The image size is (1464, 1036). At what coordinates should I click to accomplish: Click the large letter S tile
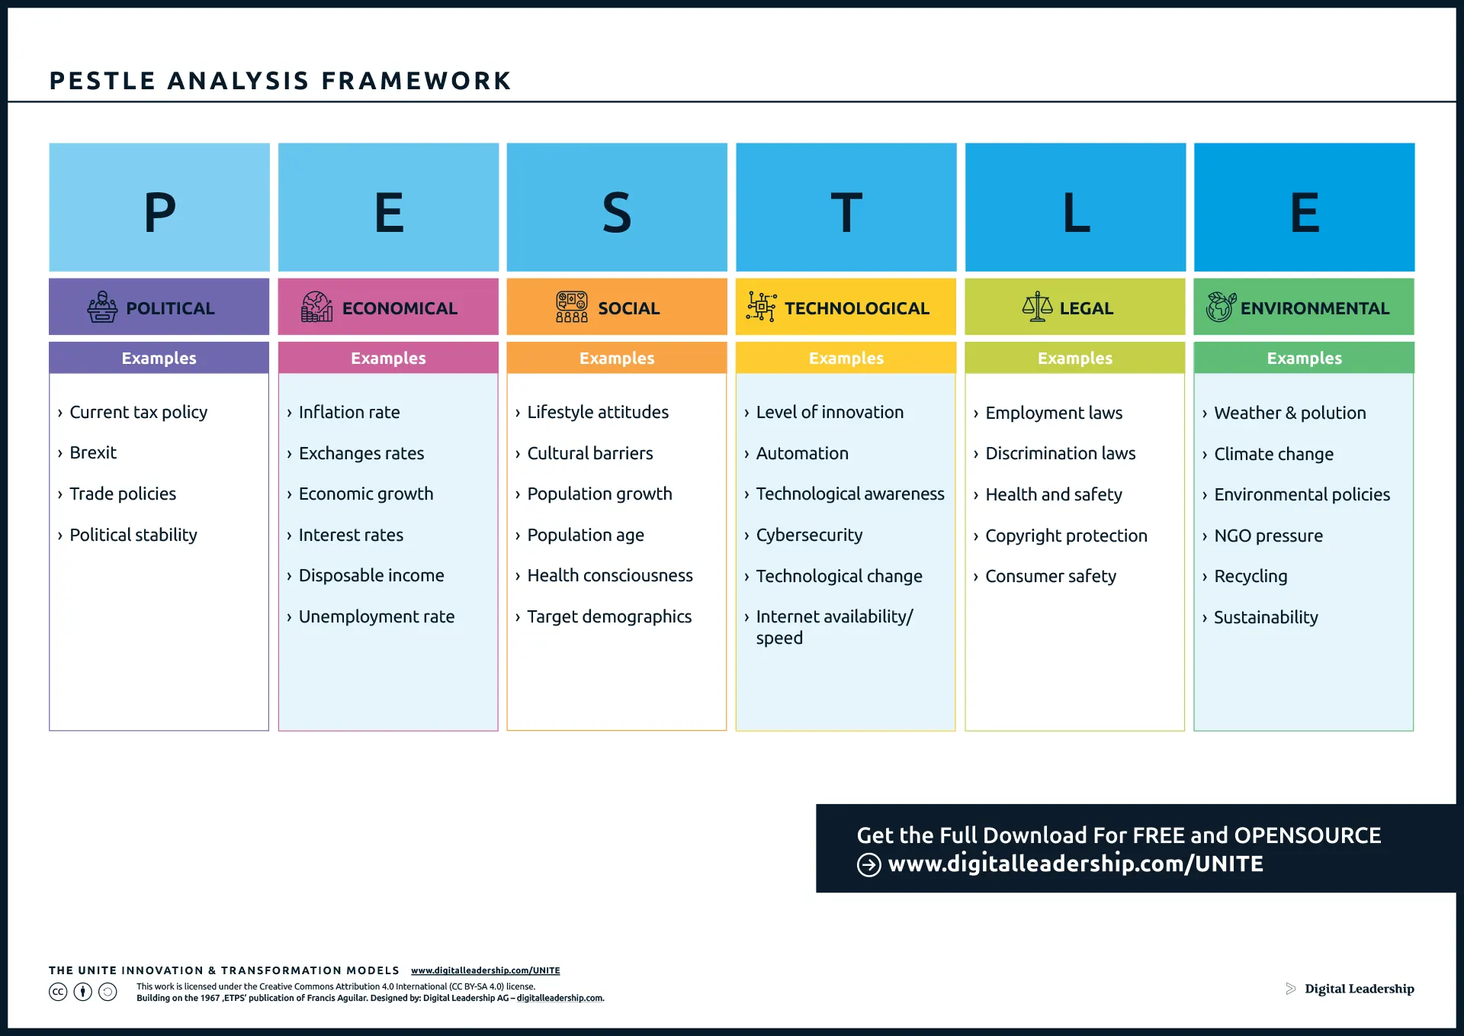617,208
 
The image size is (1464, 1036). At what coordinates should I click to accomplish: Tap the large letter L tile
1075,208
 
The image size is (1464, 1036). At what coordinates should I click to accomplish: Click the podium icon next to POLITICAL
102,307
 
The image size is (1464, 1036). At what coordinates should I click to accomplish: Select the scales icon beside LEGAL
1037,307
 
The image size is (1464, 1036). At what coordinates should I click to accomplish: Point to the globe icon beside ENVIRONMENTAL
1220,307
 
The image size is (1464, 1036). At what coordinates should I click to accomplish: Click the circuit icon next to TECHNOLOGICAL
761,307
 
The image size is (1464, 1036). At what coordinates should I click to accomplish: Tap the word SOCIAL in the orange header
628,308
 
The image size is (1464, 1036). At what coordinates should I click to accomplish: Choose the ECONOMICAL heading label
400,308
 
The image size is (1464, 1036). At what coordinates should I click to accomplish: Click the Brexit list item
93,452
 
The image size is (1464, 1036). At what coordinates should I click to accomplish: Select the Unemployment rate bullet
376,616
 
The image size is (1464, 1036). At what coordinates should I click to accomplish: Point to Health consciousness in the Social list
609,575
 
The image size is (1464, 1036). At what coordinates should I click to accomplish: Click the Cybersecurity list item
809,535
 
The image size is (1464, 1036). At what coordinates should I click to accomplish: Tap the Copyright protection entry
1066,536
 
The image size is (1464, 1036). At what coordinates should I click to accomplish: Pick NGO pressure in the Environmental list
1268,536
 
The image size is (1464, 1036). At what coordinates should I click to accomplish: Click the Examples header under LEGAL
1074,358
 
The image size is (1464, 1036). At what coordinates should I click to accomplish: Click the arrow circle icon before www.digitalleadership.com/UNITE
868,864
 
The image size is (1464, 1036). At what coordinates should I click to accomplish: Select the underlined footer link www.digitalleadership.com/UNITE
485,970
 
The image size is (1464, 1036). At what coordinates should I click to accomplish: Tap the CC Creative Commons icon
58,992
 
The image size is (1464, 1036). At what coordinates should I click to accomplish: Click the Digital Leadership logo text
1359,989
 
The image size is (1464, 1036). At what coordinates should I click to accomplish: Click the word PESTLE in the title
102,81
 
